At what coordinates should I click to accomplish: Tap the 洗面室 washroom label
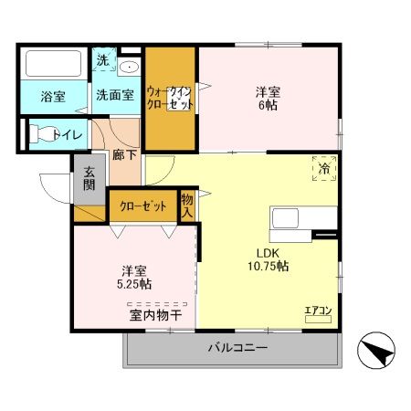click(x=115, y=94)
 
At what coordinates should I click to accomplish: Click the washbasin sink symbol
click(x=129, y=66)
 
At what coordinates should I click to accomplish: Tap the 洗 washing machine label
click(x=102, y=60)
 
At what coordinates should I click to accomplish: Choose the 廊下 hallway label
click(x=124, y=154)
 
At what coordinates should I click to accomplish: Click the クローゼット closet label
click(x=142, y=206)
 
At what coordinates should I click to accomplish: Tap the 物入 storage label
click(x=187, y=205)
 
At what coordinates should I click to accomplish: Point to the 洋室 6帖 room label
click(x=267, y=98)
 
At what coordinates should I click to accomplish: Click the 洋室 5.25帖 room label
click(x=134, y=278)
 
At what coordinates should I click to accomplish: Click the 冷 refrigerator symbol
click(x=325, y=168)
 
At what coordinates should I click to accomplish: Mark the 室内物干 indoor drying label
click(x=154, y=315)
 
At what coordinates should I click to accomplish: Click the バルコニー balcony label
click(x=237, y=348)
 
